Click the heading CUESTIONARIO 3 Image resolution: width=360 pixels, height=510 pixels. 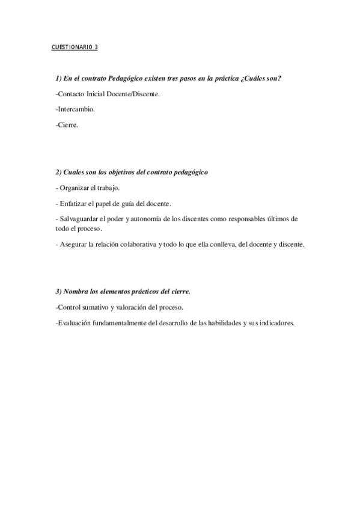(75, 47)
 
